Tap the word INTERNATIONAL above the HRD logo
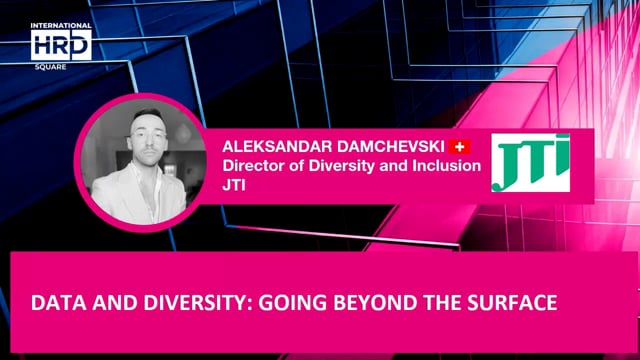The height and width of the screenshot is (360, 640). [61, 26]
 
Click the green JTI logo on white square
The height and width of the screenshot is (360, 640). [530, 163]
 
